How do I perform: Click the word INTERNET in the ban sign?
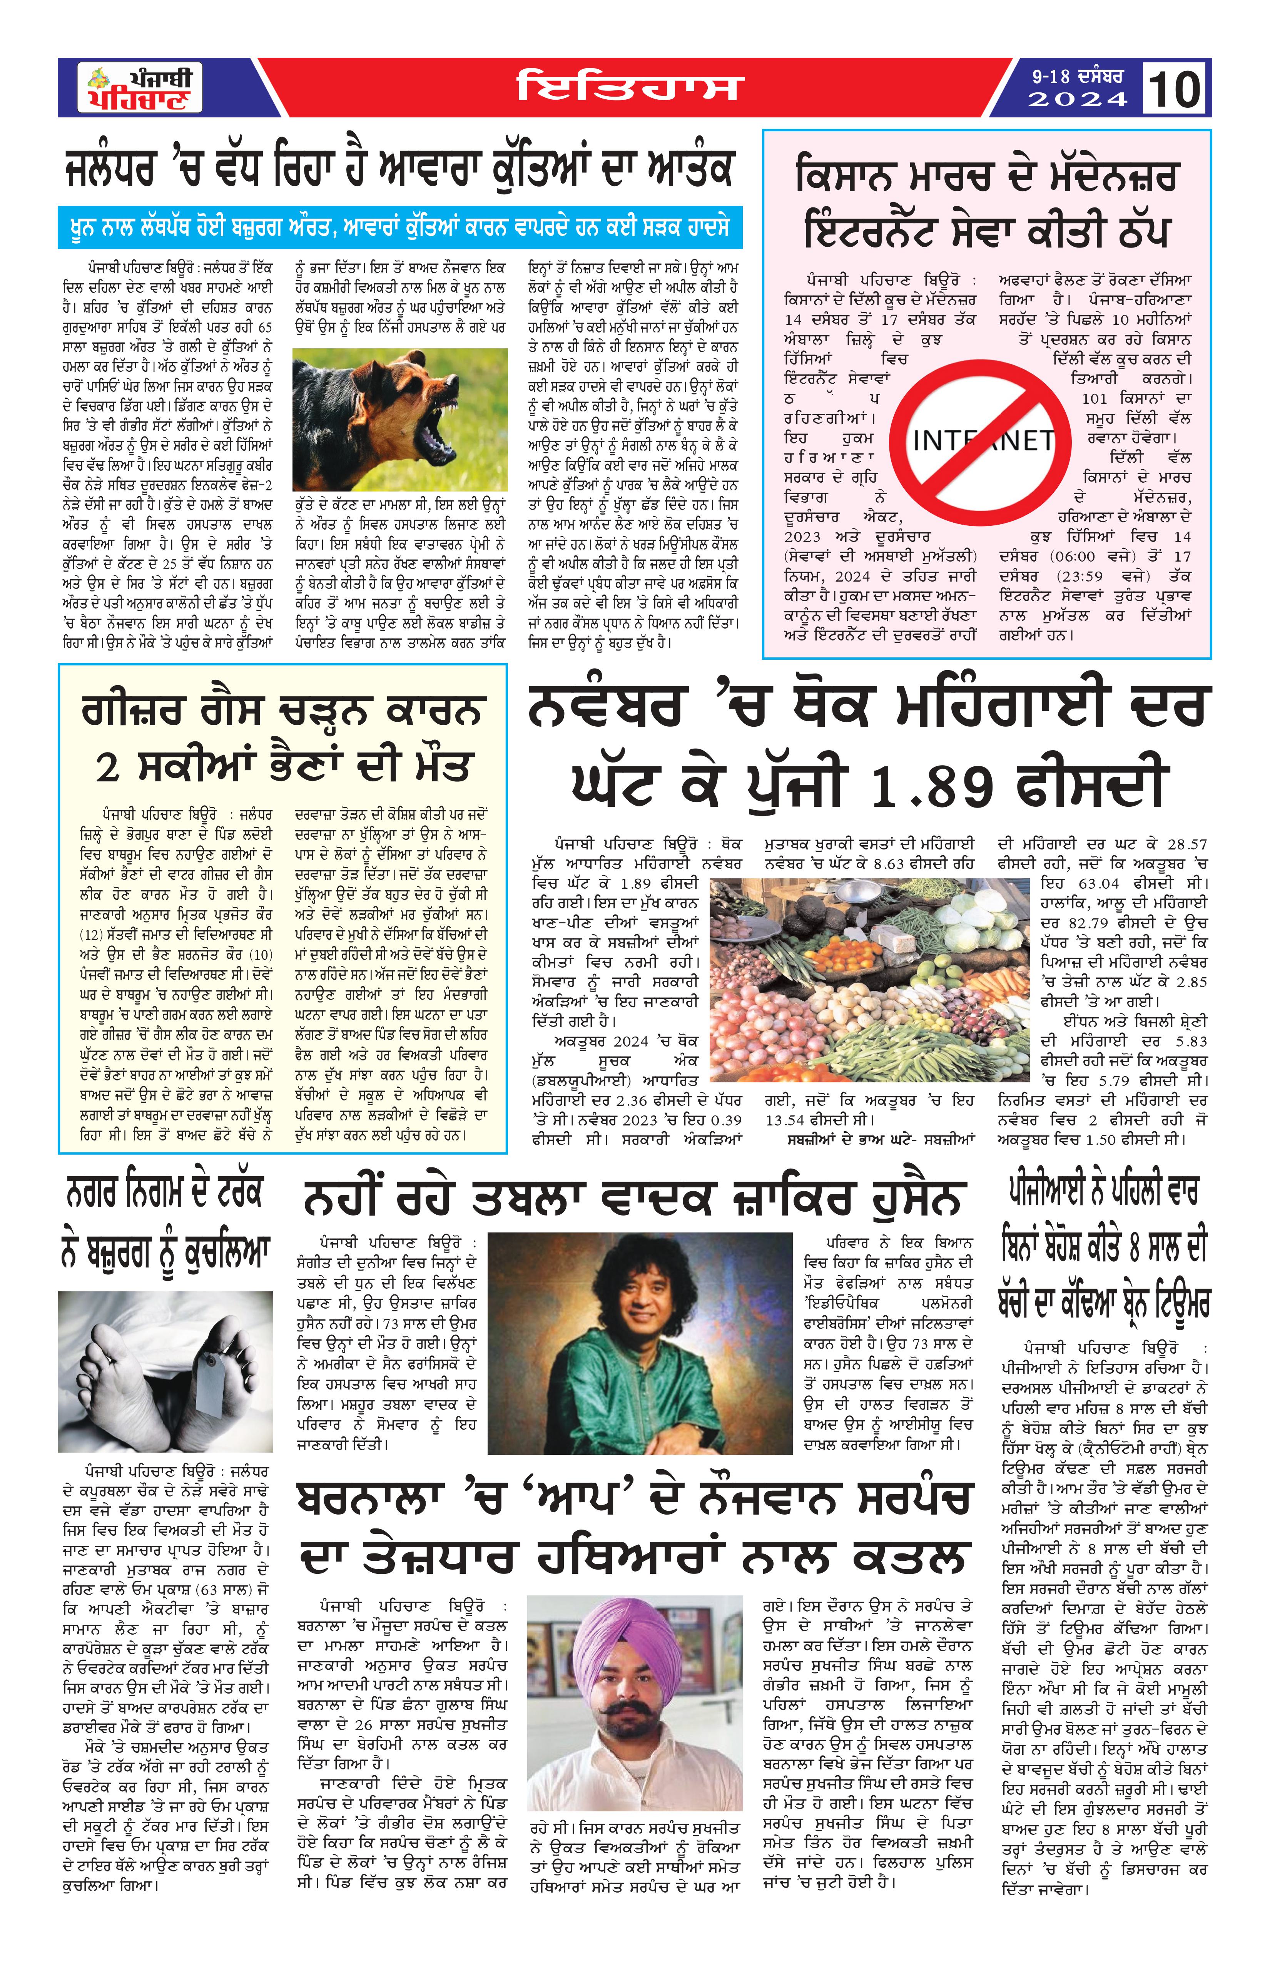click(x=983, y=440)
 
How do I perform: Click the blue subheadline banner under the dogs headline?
click(x=400, y=227)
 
